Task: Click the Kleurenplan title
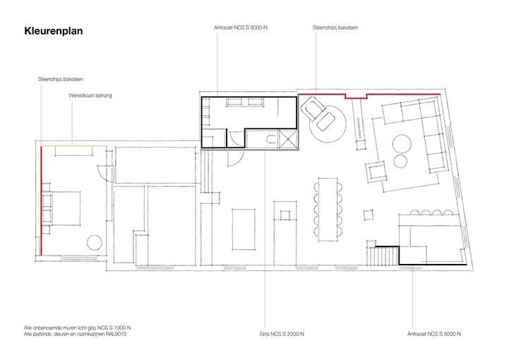coord(54,31)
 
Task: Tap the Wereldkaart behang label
coord(90,95)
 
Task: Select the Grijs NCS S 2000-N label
coord(282,334)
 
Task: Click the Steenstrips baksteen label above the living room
coord(335,28)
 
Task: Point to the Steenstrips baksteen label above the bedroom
coord(61,79)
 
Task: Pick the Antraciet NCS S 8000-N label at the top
coord(241,28)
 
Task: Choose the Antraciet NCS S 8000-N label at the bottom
coord(434,334)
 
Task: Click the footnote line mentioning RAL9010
coord(75,334)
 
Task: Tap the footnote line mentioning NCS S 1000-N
coord(77,328)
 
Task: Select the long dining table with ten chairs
coord(328,210)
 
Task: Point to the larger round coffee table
coord(402,144)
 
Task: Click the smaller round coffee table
coord(400,161)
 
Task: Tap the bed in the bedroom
coord(65,208)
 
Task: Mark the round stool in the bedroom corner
coord(95,243)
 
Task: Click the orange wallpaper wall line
coord(74,146)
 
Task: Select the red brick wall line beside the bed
coord(41,200)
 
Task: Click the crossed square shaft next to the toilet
coord(288,139)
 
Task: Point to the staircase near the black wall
coord(383,256)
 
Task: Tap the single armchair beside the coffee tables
coord(376,171)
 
